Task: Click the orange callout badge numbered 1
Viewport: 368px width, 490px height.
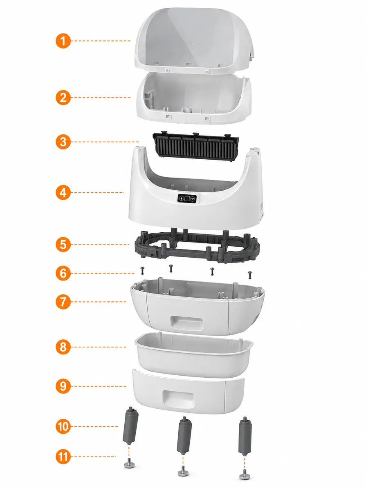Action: point(63,41)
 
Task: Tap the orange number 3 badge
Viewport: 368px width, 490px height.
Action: point(63,142)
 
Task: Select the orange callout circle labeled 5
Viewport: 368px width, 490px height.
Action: point(63,245)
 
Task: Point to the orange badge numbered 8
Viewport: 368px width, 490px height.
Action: point(63,347)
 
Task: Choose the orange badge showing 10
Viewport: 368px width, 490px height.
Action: point(63,426)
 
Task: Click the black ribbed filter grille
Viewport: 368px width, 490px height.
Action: point(195,145)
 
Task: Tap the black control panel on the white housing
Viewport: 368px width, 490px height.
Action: point(187,198)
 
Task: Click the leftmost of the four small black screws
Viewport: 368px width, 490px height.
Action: point(142,270)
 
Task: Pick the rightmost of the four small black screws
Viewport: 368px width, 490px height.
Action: point(250,275)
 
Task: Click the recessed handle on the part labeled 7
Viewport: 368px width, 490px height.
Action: point(186,323)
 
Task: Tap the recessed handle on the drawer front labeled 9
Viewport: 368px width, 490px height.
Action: point(178,399)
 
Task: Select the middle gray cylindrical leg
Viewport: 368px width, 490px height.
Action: point(184,436)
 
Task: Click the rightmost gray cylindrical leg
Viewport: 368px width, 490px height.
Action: point(245,436)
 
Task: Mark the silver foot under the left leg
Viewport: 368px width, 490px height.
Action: point(129,463)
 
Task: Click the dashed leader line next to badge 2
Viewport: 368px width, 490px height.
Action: point(102,98)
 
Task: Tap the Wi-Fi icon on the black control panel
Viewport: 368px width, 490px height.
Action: point(193,198)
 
